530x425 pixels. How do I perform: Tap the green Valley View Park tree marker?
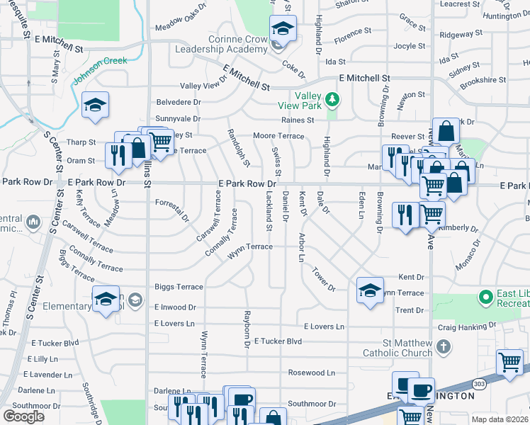[330, 98]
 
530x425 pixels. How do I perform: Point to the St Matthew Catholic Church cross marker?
[444, 346]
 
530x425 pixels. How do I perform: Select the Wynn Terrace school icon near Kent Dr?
[370, 290]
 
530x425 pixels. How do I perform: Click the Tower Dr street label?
[323, 279]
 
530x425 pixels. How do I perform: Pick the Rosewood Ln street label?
[311, 373]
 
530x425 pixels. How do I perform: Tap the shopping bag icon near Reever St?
[446, 131]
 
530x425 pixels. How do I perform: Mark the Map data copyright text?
[500, 419]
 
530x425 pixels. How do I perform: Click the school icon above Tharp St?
[95, 106]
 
